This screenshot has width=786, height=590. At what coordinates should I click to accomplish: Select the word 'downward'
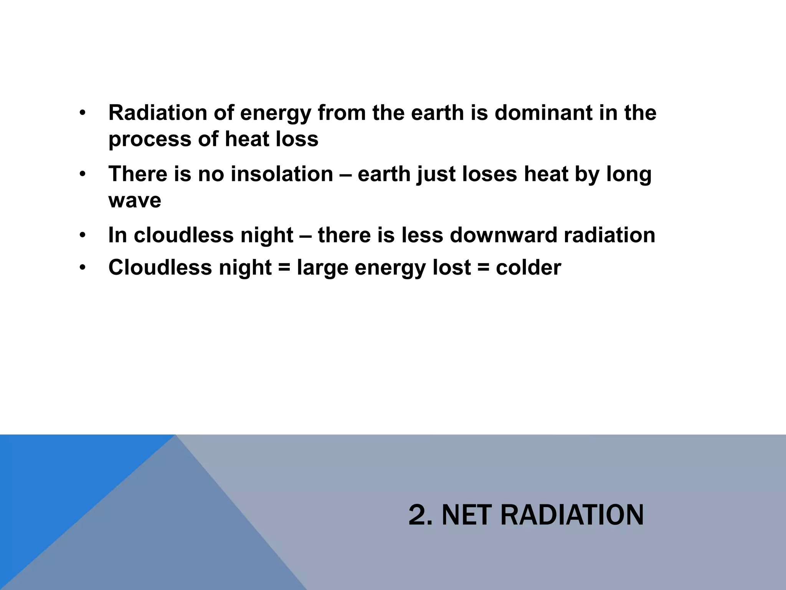(x=503, y=235)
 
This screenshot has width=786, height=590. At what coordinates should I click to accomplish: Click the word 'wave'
(x=135, y=201)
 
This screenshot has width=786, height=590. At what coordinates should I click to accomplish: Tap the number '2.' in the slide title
(x=421, y=515)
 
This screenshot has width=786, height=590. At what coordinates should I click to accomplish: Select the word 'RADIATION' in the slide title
(x=572, y=515)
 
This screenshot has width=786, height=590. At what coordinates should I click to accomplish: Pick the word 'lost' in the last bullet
(x=452, y=267)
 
